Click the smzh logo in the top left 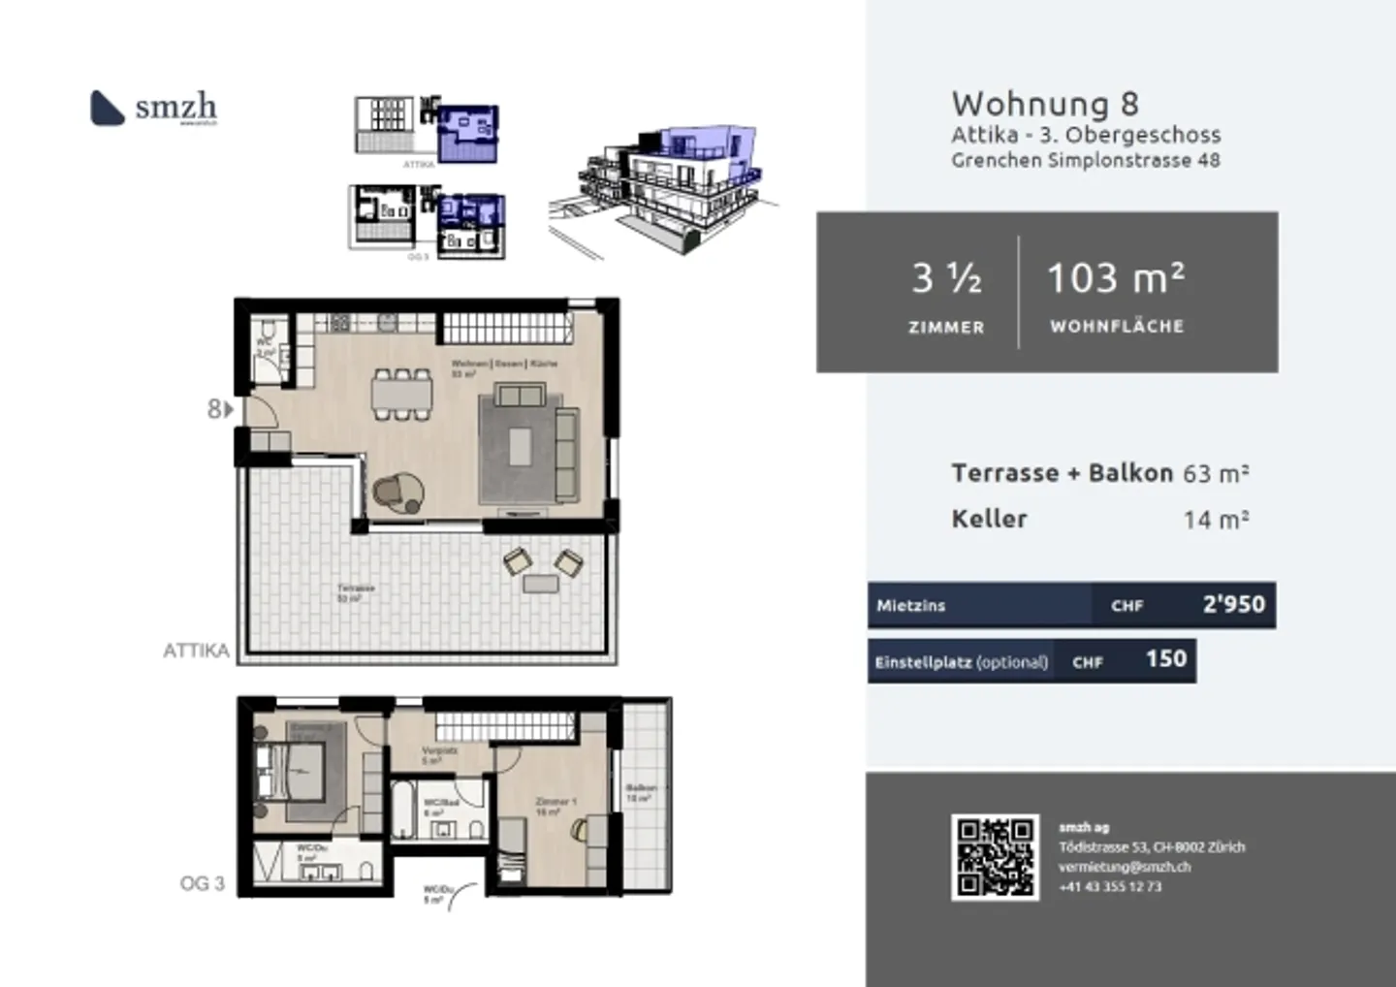pyautogui.click(x=153, y=108)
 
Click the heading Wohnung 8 pyautogui.click(x=1044, y=104)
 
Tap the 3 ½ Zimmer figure pyautogui.click(x=946, y=279)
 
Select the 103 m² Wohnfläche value pyautogui.click(x=1116, y=279)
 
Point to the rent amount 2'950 pyautogui.click(x=1233, y=604)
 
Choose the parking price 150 pyautogui.click(x=1165, y=659)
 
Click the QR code pyautogui.click(x=995, y=857)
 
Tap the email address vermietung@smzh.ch pyautogui.click(x=1124, y=867)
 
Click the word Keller pyautogui.click(x=989, y=519)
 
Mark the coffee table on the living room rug pyautogui.click(x=520, y=447)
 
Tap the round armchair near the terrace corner pyautogui.click(x=398, y=493)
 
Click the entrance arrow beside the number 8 pyautogui.click(x=229, y=410)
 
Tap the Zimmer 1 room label pyautogui.click(x=555, y=806)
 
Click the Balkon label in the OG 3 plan pyautogui.click(x=641, y=792)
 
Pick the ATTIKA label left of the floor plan pyautogui.click(x=196, y=651)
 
